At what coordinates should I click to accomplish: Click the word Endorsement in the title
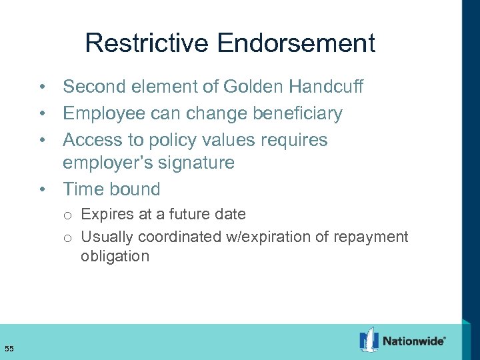tap(296, 43)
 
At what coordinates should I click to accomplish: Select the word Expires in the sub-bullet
tap(103, 215)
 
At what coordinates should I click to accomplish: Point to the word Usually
tap(104, 237)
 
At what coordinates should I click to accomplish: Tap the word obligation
tap(115, 257)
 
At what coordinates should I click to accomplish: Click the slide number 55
tap(9, 348)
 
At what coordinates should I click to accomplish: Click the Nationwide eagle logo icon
tap(369, 340)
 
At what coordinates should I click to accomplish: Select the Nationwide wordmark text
tap(413, 341)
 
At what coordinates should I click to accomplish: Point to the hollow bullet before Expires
tap(68, 215)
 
